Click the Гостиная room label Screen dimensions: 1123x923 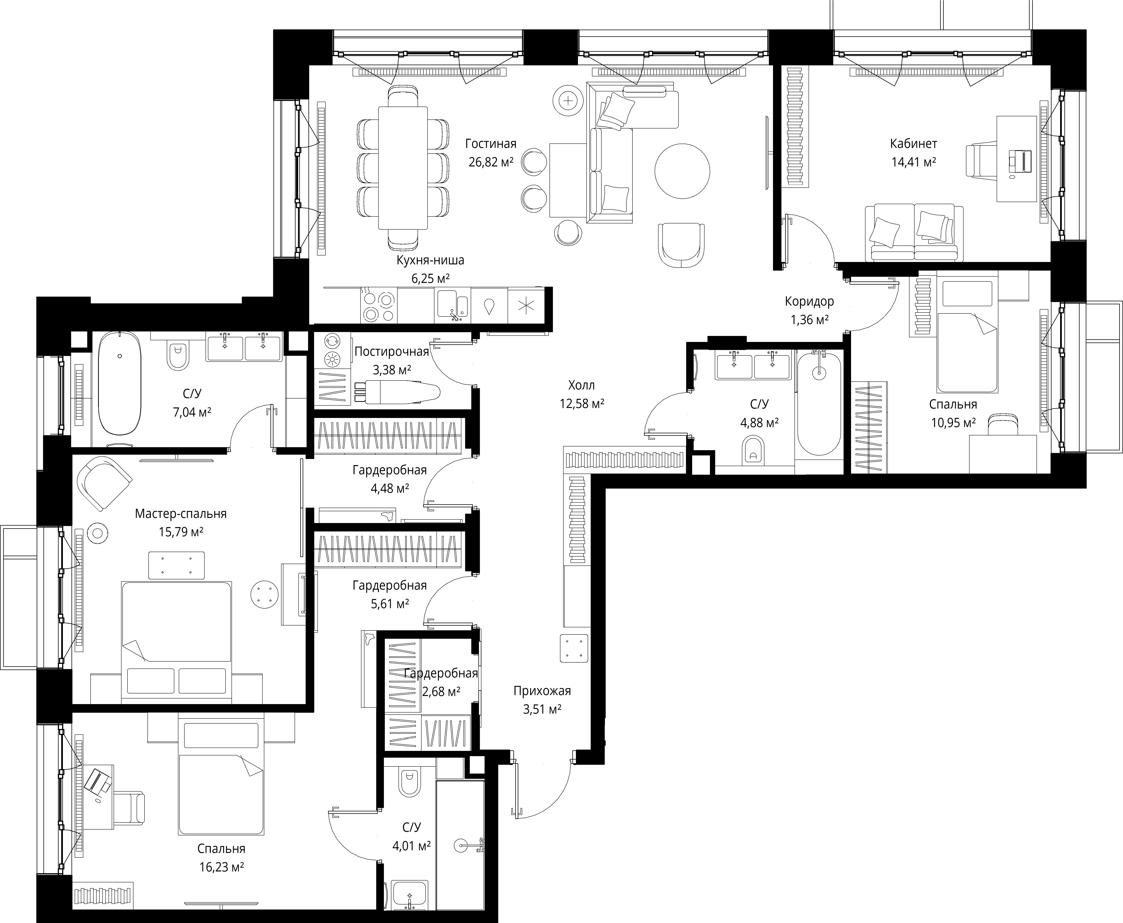click(491, 144)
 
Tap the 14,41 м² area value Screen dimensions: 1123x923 click(914, 162)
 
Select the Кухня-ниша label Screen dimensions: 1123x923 click(430, 260)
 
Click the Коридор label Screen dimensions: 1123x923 click(809, 301)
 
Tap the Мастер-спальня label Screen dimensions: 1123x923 click(181, 514)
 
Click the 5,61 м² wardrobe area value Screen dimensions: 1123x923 click(389, 604)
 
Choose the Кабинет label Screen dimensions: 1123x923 click(914, 144)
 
